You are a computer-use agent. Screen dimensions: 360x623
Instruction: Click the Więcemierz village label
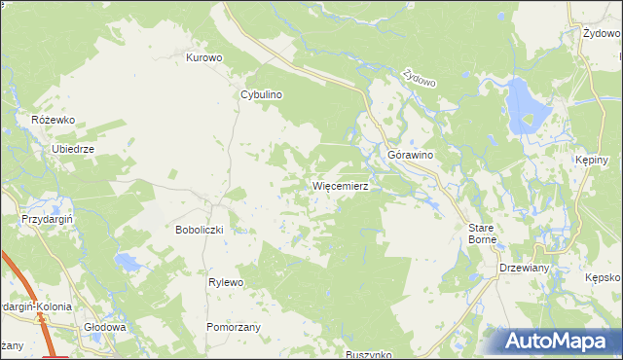(x=339, y=185)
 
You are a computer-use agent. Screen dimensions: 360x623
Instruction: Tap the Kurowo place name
(x=204, y=57)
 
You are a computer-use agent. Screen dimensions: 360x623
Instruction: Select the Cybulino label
(x=261, y=95)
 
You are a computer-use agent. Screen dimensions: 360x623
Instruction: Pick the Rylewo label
(x=225, y=282)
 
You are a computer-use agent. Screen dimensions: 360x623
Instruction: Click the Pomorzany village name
(x=233, y=327)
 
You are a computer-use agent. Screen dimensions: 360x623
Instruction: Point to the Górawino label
(x=410, y=156)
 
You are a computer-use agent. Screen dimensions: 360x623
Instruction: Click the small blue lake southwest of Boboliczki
(x=128, y=262)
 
